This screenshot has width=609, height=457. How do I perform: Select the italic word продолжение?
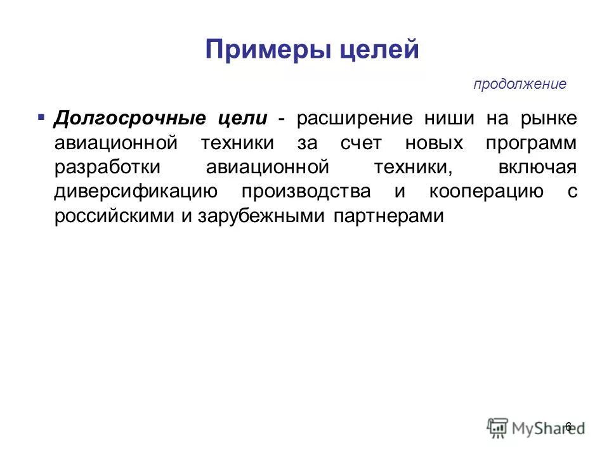520,84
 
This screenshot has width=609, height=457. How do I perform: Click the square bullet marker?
41,118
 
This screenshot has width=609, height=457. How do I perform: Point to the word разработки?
108,168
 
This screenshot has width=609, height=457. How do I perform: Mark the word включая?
539,168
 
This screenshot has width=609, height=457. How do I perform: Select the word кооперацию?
486,192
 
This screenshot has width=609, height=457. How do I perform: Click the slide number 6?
568,427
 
